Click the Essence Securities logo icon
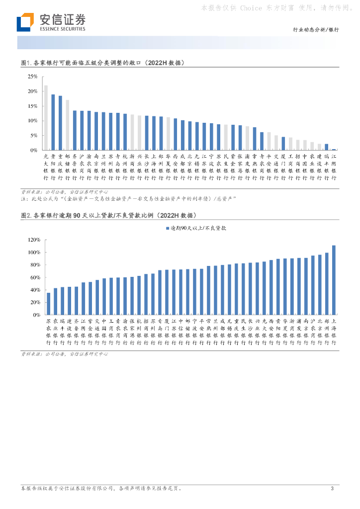click(x=25, y=22)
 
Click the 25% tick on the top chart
click(x=33, y=77)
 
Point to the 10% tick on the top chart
click(x=33, y=121)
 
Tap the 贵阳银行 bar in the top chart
click(x=53, y=122)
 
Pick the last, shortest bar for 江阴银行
click(x=334, y=149)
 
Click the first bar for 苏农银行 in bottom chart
click(x=48, y=304)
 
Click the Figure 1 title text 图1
click(x=26, y=63)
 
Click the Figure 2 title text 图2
click(x=26, y=216)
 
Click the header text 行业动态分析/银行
click(x=315, y=30)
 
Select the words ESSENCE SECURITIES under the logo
click(x=62, y=29)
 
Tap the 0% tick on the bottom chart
click(x=36, y=315)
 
